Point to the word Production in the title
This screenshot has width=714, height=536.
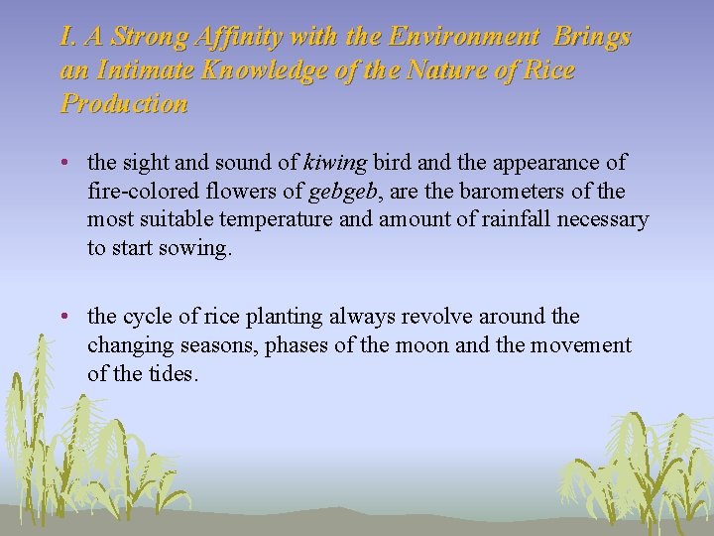124,104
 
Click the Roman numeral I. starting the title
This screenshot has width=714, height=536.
67,38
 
